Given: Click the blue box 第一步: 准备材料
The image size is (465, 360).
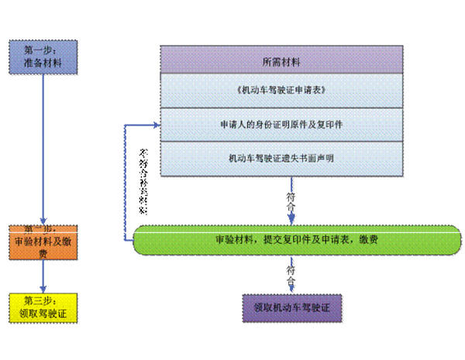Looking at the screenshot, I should (43, 56).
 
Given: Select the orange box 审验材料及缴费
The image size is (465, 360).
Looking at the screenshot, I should (43, 241).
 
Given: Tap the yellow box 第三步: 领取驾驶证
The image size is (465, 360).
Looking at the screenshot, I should (43, 307).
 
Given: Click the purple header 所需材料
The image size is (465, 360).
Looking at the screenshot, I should (281, 60).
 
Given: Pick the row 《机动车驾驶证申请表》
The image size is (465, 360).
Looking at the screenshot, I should (281, 91).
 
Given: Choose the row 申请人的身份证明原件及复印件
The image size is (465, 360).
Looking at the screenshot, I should (281, 124).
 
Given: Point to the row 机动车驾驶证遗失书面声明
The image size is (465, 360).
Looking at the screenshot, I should (281, 158).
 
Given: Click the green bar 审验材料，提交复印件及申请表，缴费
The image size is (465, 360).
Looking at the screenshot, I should (297, 239).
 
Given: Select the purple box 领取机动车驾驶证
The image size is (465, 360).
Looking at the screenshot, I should (292, 307).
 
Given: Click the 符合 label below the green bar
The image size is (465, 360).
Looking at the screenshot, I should (291, 270).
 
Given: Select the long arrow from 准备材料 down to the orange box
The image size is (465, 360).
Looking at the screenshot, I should (43, 147).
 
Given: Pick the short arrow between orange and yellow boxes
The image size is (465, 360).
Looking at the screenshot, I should (43, 277).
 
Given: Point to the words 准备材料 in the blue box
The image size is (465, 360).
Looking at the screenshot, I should (43, 63).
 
